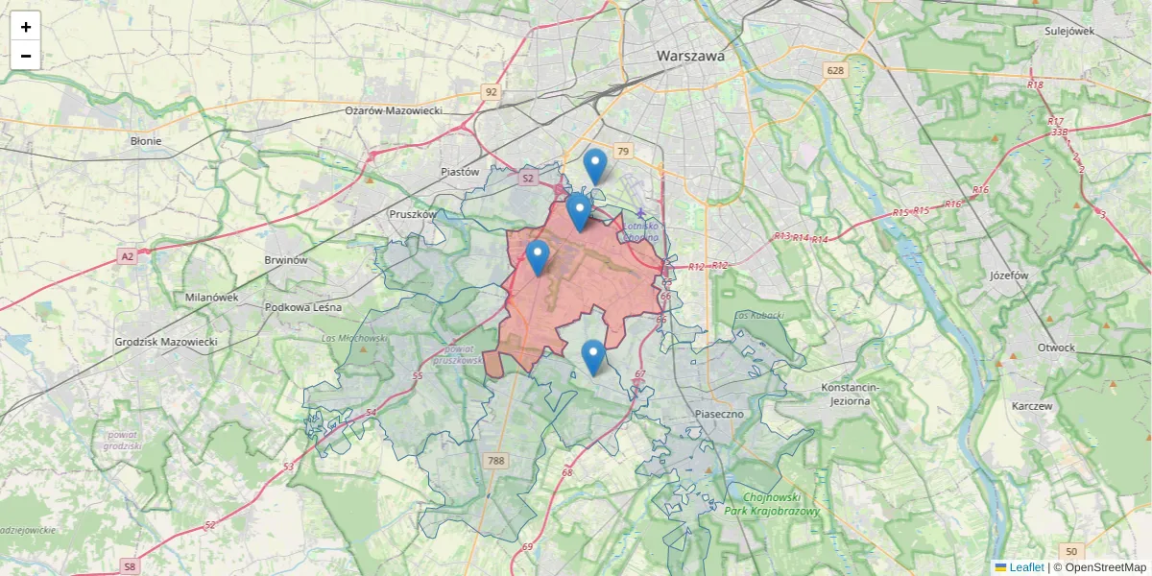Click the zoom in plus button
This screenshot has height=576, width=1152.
[x=26, y=27]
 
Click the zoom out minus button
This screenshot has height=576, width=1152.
[x=26, y=56]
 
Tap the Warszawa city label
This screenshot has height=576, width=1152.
[x=690, y=57]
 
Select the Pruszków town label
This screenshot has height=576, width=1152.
[x=413, y=214]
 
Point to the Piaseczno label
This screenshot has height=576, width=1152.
[x=719, y=413]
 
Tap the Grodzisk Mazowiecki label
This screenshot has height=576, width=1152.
[x=166, y=342]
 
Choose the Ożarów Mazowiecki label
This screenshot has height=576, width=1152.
[x=394, y=110]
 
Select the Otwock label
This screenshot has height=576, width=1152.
[x=1056, y=348]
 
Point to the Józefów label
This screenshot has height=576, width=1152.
[x=1008, y=275]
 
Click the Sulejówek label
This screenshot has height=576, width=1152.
[x=1069, y=31]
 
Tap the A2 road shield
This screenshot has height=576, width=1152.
[x=128, y=256]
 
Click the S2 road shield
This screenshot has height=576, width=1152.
[x=527, y=179]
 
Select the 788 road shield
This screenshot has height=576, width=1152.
[x=495, y=462]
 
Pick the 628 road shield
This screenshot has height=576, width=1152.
[x=835, y=70]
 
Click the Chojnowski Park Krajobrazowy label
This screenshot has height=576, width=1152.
[x=773, y=505]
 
